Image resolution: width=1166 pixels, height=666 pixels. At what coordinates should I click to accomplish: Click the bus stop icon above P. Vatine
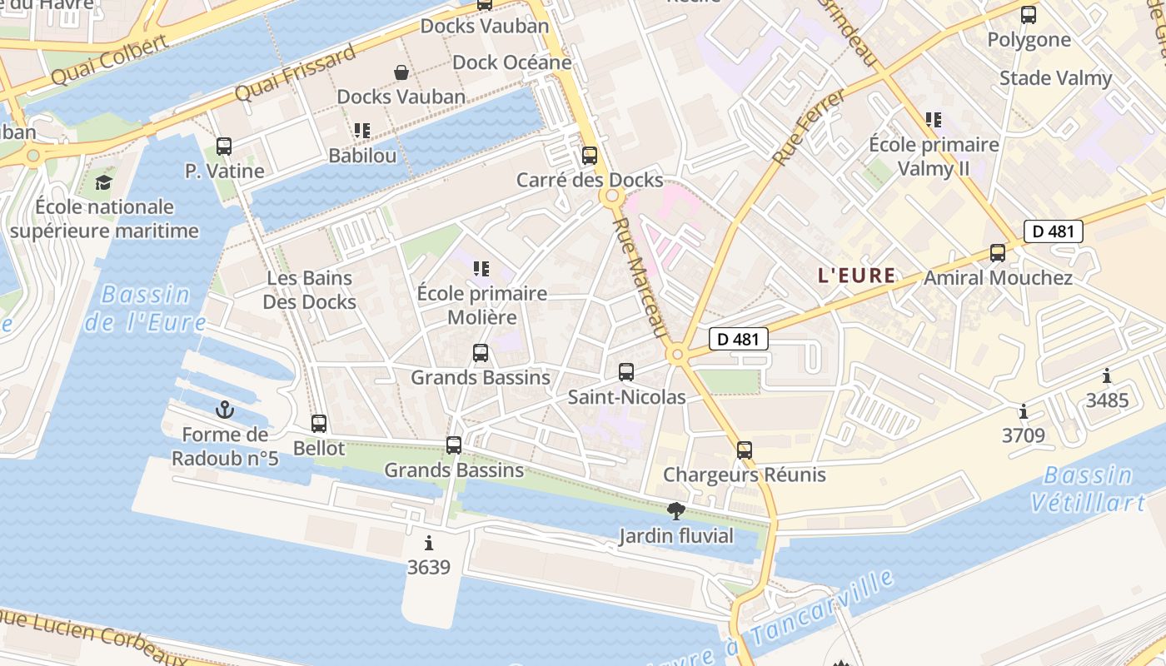click(223, 147)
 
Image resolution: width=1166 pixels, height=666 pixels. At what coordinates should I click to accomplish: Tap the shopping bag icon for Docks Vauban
click(401, 72)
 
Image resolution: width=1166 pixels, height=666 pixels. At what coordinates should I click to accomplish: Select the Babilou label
click(362, 156)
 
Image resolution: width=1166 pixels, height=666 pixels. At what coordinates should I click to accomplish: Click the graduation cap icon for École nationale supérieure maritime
click(103, 182)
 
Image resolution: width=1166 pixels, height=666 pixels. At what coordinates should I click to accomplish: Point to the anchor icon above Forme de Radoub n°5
click(224, 410)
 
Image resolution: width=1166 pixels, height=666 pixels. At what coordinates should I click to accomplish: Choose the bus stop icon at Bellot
click(318, 424)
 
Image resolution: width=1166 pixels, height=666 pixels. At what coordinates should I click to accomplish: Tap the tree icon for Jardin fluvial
click(676, 511)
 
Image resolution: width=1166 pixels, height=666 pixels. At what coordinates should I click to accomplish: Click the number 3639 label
click(429, 568)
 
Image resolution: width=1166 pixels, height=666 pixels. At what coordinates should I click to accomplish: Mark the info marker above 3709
click(1023, 411)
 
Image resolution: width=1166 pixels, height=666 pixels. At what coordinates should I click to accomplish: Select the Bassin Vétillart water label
click(1087, 490)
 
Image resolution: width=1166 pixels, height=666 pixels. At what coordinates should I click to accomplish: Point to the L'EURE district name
click(857, 276)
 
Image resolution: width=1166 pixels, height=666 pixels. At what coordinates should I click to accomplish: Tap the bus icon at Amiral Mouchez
click(997, 253)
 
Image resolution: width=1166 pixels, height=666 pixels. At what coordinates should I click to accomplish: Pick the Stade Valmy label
click(1055, 78)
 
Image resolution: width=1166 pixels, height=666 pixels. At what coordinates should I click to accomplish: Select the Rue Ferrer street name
click(809, 127)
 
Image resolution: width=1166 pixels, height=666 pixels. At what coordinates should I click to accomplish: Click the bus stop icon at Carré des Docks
click(590, 156)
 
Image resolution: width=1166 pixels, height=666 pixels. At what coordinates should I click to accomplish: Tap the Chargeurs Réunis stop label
click(744, 475)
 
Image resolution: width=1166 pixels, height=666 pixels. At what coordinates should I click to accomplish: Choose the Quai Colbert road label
click(109, 61)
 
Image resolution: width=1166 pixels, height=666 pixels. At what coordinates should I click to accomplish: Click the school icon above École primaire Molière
click(481, 269)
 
